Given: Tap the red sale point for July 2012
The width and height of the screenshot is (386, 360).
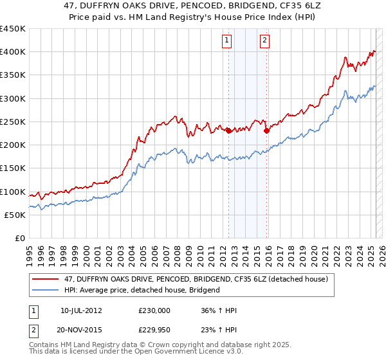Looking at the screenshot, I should pyautogui.click(x=228, y=130).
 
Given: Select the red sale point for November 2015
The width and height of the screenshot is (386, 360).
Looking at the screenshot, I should pyautogui.click(x=266, y=130).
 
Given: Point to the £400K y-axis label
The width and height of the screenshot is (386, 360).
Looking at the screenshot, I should pyautogui.click(x=12, y=52).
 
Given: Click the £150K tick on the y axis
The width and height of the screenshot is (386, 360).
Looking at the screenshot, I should pyautogui.click(x=12, y=168).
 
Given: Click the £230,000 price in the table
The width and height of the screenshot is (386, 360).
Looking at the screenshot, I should pyautogui.click(x=154, y=310).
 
